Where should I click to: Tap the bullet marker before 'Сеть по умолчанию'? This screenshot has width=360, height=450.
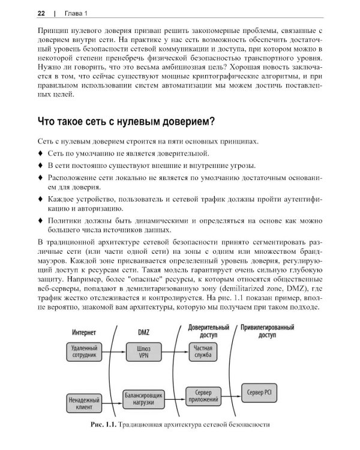coord(40,154)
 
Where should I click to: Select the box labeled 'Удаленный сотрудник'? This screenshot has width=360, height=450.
coord(85,350)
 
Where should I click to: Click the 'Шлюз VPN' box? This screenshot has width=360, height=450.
coord(143,350)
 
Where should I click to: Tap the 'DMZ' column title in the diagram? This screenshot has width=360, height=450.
coord(144,331)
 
